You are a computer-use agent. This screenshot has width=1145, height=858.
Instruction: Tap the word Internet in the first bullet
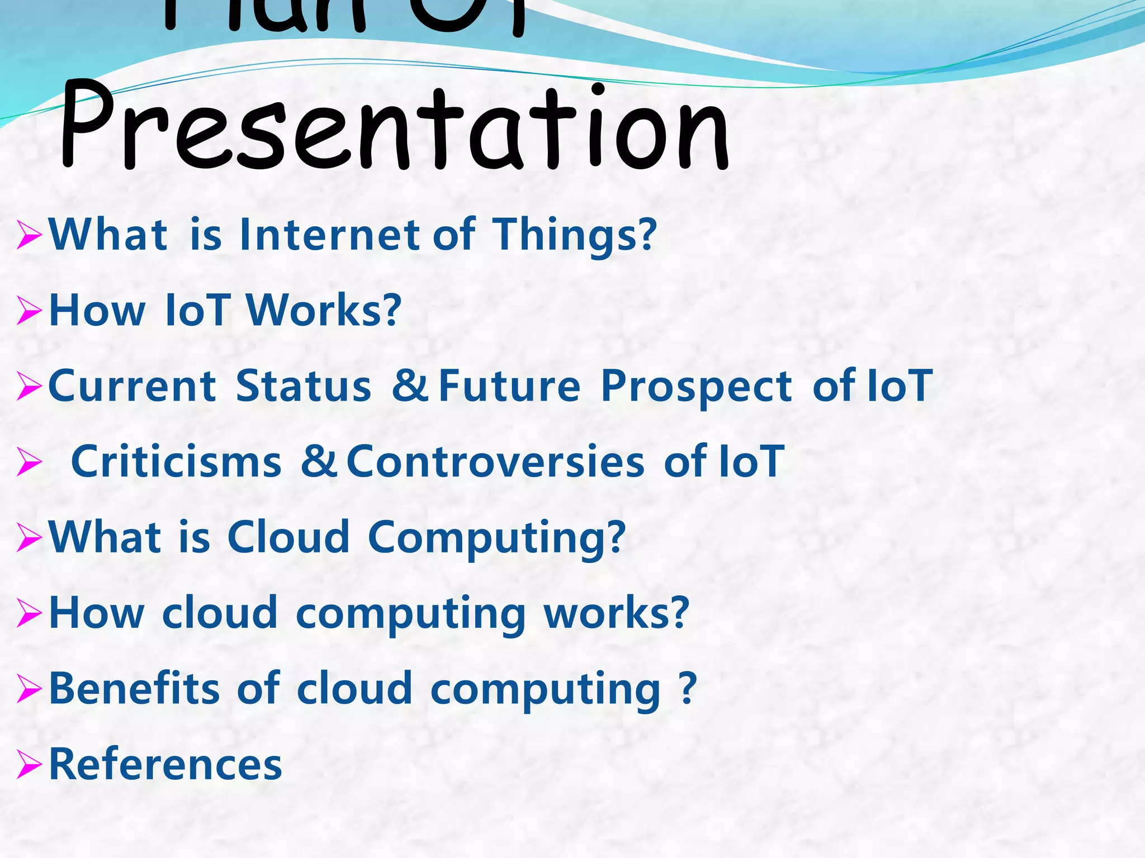[329, 235]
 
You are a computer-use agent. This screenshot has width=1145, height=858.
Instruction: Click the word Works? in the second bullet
[324, 311]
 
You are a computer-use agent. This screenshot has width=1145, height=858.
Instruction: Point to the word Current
[133, 386]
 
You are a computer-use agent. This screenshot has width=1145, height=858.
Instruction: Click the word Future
[509, 386]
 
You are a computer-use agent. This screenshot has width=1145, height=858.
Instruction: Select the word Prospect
[696, 387]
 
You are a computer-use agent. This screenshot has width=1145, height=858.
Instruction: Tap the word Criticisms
[176, 462]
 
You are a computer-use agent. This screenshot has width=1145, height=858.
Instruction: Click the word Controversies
[495, 462]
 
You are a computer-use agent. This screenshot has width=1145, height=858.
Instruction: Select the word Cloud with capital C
[288, 537]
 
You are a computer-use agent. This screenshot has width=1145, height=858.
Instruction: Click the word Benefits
[134, 688]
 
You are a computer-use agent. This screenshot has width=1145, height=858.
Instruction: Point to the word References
[165, 764]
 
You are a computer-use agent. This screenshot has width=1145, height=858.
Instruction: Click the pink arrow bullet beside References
[29, 765]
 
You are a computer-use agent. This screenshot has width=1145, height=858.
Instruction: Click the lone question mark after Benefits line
[687, 689]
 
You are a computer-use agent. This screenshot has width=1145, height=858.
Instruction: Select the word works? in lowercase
[617, 613]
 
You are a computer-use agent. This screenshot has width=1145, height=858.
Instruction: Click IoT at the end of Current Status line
[900, 386]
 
